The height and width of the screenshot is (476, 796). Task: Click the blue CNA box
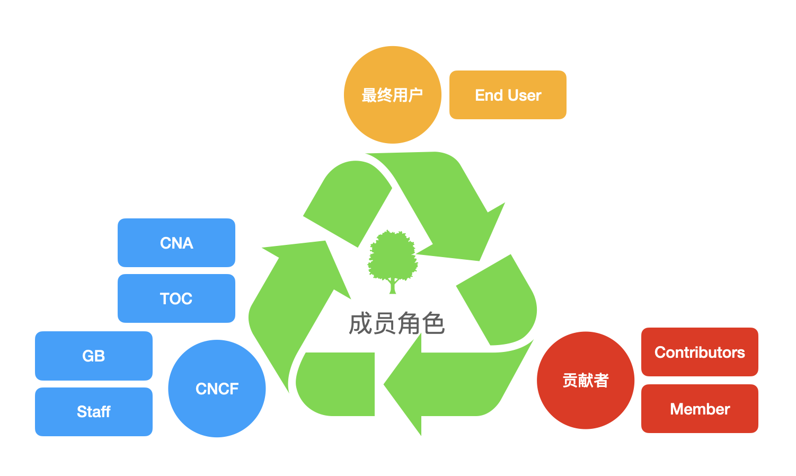[x=176, y=243]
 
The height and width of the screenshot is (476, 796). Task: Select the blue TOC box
[x=176, y=298]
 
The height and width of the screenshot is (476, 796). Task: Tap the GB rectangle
[x=93, y=356]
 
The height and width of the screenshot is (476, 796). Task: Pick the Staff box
[x=93, y=412]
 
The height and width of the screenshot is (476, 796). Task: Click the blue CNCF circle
[x=217, y=389]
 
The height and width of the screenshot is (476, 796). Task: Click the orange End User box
[x=508, y=95]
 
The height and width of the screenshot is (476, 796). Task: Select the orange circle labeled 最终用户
[x=392, y=95]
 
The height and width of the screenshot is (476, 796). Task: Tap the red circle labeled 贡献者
[x=585, y=380]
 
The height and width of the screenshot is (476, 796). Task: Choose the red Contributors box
[x=700, y=352]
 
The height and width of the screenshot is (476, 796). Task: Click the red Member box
[x=700, y=409]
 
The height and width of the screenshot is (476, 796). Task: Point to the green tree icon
[x=393, y=257]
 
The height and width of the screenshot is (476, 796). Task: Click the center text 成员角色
[x=396, y=323]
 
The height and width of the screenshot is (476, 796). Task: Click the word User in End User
[x=524, y=95]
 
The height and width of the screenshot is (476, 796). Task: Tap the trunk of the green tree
[x=393, y=286]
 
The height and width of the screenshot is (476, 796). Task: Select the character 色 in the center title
[x=434, y=323]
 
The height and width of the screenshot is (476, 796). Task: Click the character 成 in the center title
[x=360, y=323]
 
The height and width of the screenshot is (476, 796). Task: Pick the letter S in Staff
[x=81, y=412]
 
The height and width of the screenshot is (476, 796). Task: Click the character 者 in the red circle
[x=601, y=380]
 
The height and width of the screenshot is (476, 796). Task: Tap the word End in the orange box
[x=489, y=95]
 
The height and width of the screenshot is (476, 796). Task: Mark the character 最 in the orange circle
[x=369, y=95]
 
